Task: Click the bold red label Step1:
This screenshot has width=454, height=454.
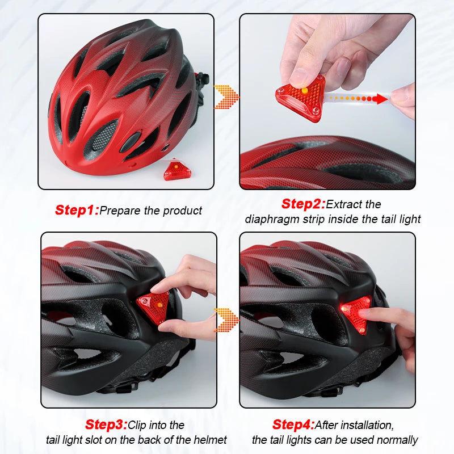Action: (77, 210)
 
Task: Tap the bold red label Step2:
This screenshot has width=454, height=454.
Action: (303, 204)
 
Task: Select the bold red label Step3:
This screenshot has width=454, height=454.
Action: (106, 424)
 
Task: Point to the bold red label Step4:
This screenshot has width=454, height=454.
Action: (293, 424)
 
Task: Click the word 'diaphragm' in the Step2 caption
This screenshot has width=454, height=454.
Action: (272, 219)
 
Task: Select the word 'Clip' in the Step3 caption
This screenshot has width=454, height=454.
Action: (139, 424)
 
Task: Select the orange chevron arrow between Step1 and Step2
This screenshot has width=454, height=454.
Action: (226, 97)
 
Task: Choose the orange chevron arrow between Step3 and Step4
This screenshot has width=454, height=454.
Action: (226, 320)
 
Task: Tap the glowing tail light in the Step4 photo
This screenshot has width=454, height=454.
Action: (355, 313)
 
